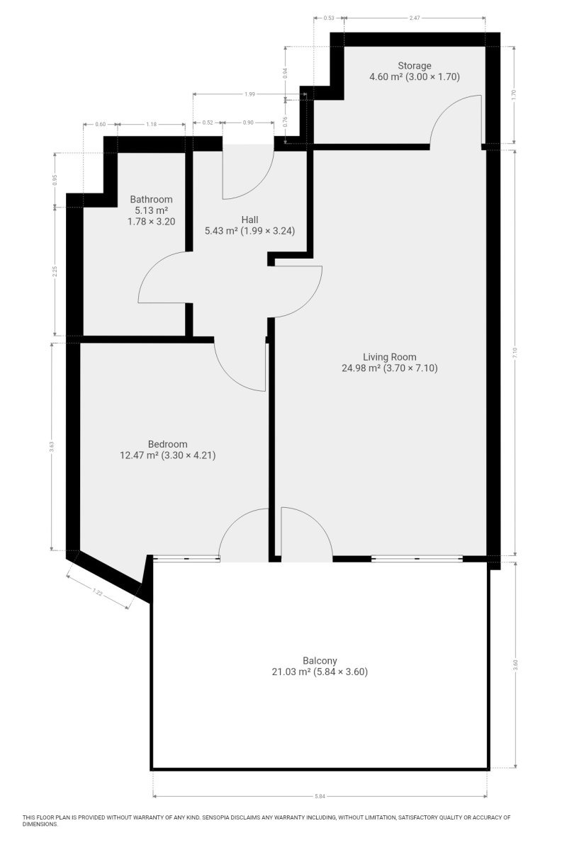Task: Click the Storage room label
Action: [415, 66]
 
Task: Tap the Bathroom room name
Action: [151, 199]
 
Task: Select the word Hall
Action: [250, 220]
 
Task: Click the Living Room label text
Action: [390, 357]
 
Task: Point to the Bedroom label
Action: [168, 444]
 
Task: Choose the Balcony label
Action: [320, 661]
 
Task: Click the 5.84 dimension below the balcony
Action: [320, 796]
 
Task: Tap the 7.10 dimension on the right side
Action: [515, 353]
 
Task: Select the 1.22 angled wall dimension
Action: [98, 591]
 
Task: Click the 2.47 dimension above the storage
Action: [415, 18]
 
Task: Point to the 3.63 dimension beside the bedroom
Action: [52, 447]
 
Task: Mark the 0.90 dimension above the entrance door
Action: [248, 123]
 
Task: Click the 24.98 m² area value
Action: [361, 368]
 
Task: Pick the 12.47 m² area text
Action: [139, 455]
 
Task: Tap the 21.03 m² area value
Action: [291, 672]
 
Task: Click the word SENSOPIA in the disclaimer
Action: [217, 817]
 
